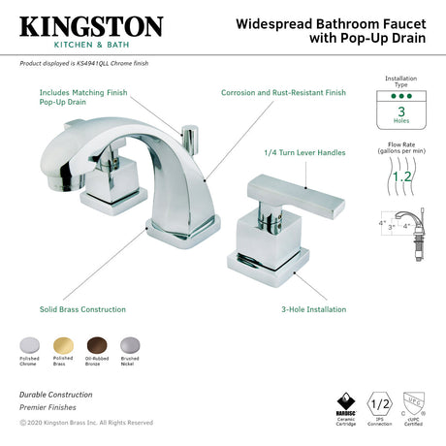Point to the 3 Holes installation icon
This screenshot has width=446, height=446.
point(401,113)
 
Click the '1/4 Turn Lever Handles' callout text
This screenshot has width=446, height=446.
point(305,152)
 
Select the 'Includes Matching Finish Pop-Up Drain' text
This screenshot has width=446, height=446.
point(83,97)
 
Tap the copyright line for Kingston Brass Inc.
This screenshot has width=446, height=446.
point(85,423)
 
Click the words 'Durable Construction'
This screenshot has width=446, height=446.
point(55,395)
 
